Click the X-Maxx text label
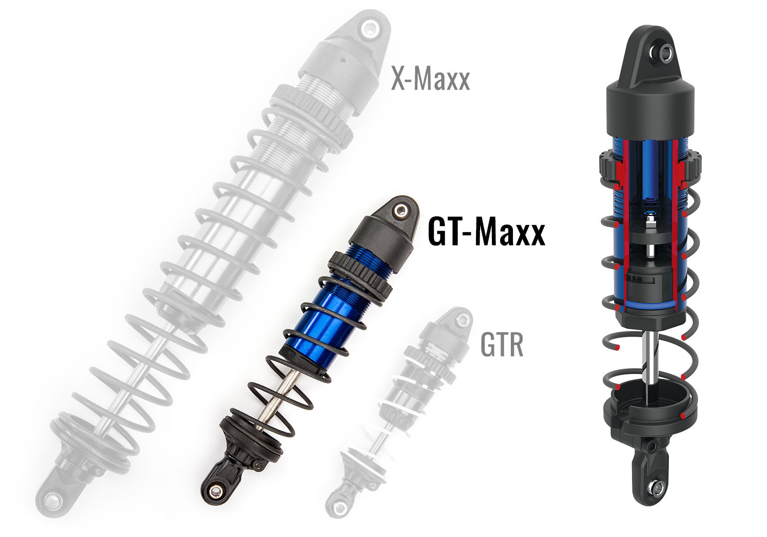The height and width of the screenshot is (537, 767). pyautogui.click(x=430, y=80)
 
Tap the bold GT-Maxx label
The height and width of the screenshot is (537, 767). pyautogui.click(x=486, y=232)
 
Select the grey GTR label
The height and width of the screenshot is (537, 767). pyautogui.click(x=502, y=345)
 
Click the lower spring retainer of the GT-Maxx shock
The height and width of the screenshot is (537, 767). pyautogui.click(x=251, y=435)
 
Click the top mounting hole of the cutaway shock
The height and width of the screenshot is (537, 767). pyautogui.click(x=665, y=51)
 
